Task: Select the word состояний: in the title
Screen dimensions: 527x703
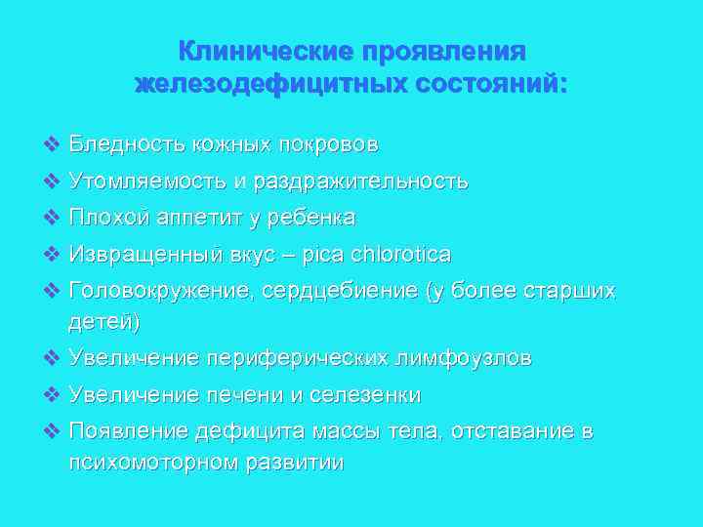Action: pos(491,84)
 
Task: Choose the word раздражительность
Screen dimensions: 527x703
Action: pos(360,182)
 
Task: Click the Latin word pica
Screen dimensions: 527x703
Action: pos(321,255)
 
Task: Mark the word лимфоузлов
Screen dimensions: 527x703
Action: pos(464,358)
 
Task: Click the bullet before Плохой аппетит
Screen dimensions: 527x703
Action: pos(52,217)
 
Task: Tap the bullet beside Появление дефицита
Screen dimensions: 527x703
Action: pos(52,431)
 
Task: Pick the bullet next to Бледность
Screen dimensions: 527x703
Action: pos(52,144)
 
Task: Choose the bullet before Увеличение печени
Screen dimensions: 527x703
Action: pos(52,395)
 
